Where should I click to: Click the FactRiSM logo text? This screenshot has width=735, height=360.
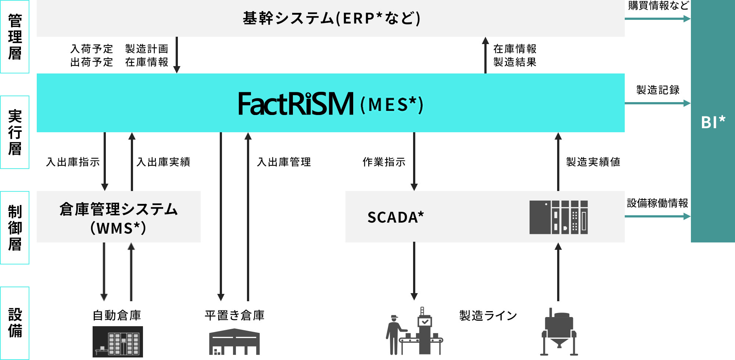[x=296, y=104]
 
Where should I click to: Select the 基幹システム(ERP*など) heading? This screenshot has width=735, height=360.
[x=331, y=18]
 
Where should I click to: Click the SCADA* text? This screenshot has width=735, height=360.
[x=395, y=217]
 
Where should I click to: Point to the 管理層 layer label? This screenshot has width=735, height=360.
[x=15, y=37]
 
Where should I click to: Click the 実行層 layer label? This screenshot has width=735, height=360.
[x=15, y=132]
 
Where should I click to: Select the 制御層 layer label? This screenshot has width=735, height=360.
[x=15, y=228]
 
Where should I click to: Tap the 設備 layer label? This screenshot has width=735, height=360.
[x=15, y=323]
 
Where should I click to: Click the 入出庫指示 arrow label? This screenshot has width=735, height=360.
[x=73, y=162]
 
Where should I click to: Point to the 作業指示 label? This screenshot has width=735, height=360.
[x=384, y=162]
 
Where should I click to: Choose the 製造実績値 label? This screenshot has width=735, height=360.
[x=593, y=162]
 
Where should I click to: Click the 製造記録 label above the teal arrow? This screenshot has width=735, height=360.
[x=657, y=90]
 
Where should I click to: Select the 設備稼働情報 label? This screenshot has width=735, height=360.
[x=657, y=203]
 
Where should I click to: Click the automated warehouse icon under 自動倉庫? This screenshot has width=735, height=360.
[x=118, y=342]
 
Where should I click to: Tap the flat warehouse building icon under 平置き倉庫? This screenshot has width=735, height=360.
[x=234, y=342]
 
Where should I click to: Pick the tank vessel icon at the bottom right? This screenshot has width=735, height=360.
[x=559, y=332]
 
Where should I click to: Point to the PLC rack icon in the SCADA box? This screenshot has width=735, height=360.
[x=558, y=217]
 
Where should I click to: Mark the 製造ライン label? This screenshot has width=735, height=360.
[x=488, y=316]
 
